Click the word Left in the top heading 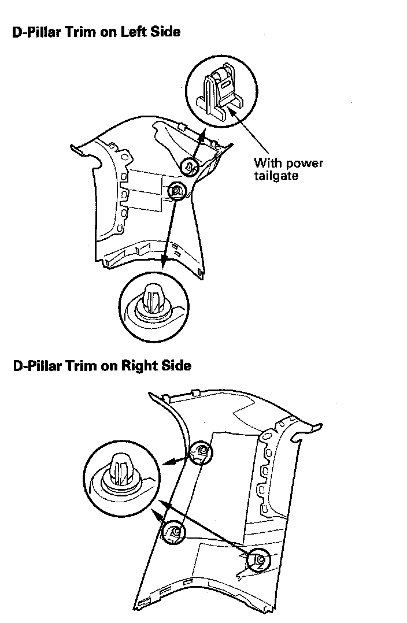[134, 32]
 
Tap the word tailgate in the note [276, 175]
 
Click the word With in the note [267, 162]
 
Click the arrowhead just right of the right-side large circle [168, 462]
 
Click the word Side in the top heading [166, 32]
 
